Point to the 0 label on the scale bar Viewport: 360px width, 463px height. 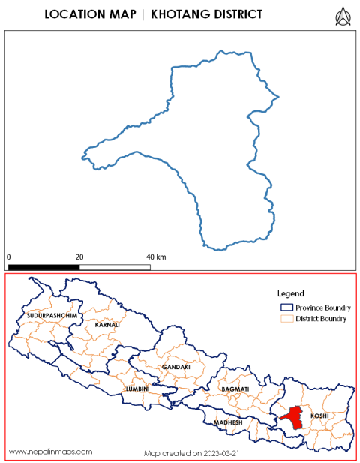9,257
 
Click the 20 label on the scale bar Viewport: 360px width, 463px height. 78,257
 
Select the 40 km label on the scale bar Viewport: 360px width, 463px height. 155,257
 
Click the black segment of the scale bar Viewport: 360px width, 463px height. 43,266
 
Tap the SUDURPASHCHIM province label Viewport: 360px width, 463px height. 52,316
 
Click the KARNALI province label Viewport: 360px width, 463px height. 106,325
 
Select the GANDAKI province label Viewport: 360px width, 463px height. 173,367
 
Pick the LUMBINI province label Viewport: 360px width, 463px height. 138,389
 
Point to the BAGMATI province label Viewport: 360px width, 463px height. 234,391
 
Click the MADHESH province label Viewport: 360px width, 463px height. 228,422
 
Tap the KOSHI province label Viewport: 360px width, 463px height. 319,415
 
